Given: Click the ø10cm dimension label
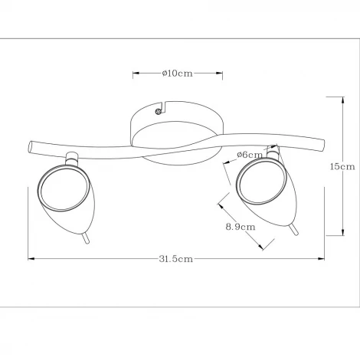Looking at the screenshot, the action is click(x=178, y=74).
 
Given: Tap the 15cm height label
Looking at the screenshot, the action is click(x=342, y=166).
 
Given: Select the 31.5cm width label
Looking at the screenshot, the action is click(x=176, y=259).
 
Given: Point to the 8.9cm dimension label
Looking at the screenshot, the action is click(x=241, y=227).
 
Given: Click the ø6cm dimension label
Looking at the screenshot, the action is click(x=250, y=155).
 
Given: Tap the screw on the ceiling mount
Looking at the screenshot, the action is click(x=158, y=112).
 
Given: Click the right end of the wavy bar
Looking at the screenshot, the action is click(x=322, y=145).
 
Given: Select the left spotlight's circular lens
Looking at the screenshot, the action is click(x=61, y=188).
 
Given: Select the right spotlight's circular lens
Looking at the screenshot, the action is click(x=260, y=181).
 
